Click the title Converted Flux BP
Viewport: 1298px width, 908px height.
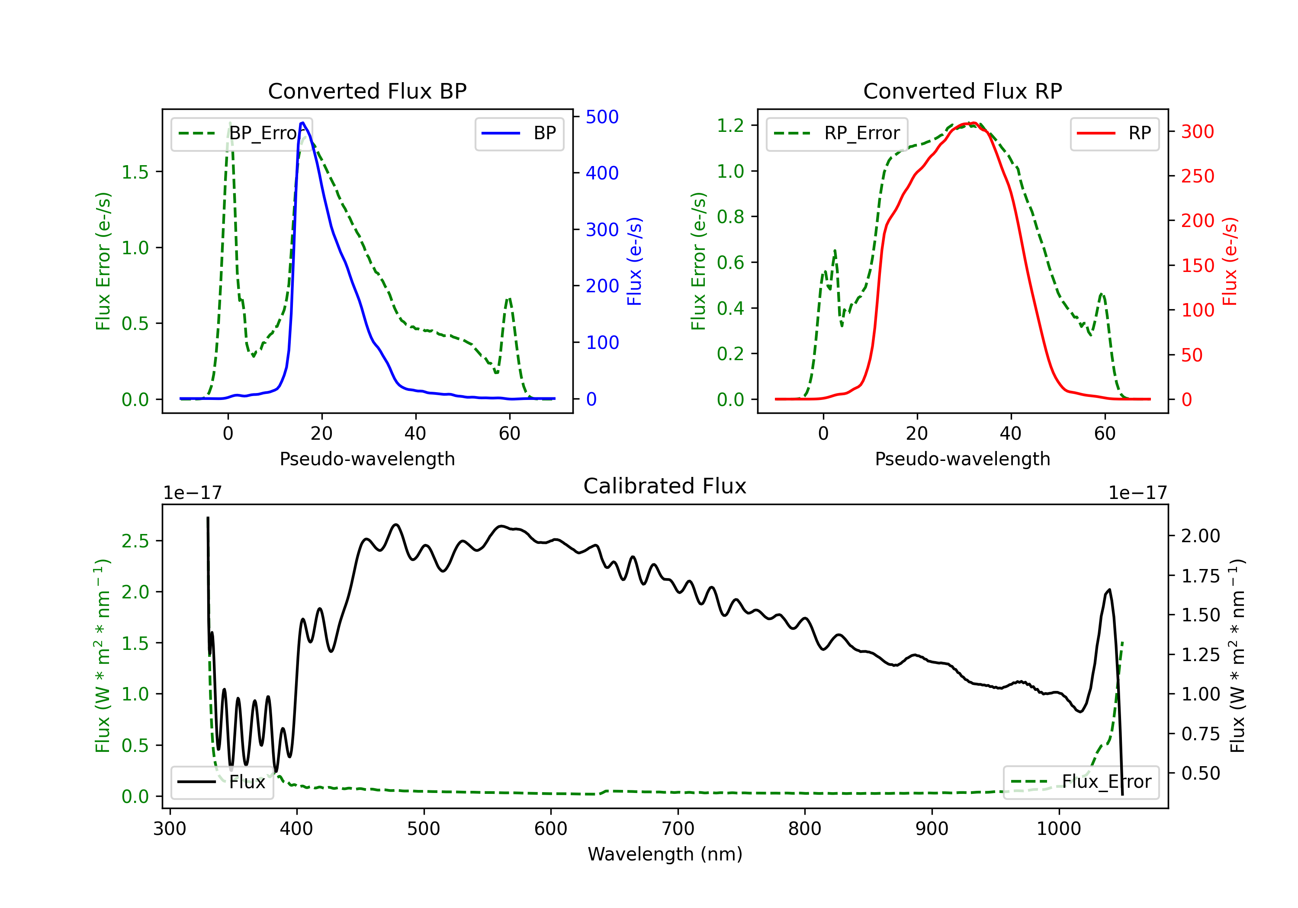[x=367, y=91]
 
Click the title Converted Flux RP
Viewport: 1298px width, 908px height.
[x=962, y=91]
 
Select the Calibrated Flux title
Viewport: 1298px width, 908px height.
[x=665, y=486]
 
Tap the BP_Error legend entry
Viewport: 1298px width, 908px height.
[x=241, y=133]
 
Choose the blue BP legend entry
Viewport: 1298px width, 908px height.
[x=519, y=133]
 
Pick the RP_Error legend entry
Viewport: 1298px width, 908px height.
[x=837, y=133]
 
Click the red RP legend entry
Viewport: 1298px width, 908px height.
[x=1114, y=133]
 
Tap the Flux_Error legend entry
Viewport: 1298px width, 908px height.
[x=1081, y=782]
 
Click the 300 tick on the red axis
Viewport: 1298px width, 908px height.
[x=1197, y=131]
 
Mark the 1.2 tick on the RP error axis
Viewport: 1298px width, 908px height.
[x=730, y=125]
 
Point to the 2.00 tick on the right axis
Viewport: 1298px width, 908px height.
[x=1200, y=536]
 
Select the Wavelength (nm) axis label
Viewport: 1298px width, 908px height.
[x=665, y=854]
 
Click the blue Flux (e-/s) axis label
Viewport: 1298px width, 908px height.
[x=634, y=261]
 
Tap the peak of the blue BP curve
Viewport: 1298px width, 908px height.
[x=302, y=123]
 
